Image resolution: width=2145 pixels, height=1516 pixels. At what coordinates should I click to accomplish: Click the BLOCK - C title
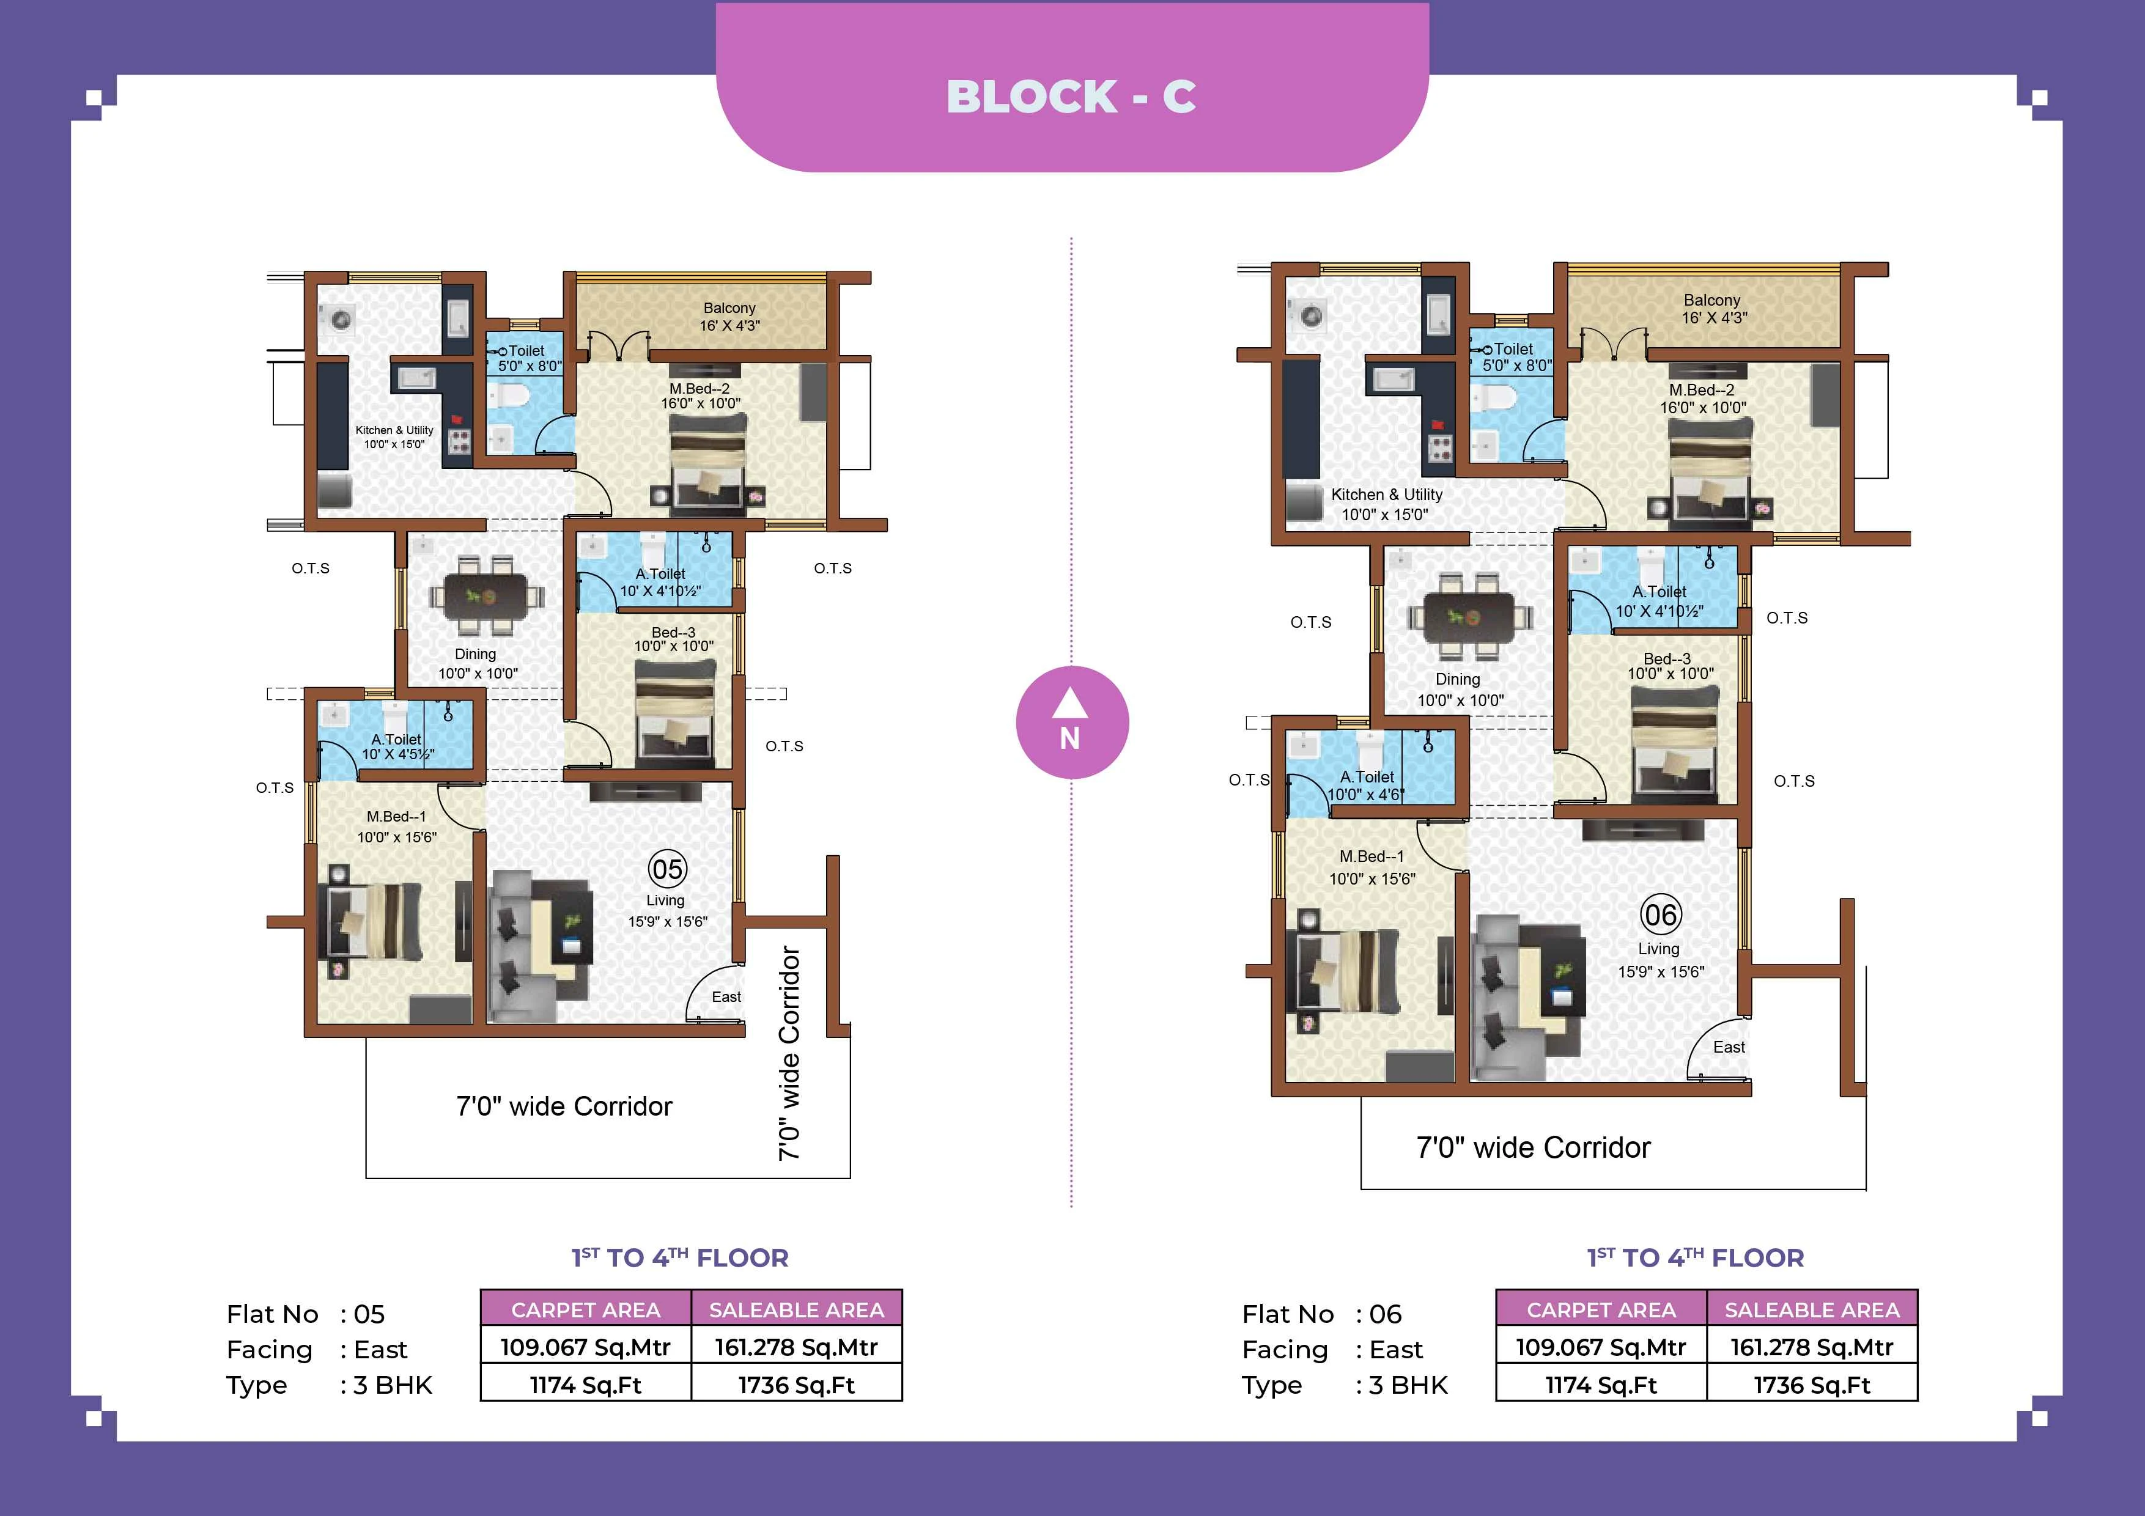(x=1071, y=96)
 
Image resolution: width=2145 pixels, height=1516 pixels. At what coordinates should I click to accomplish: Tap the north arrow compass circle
(x=1071, y=722)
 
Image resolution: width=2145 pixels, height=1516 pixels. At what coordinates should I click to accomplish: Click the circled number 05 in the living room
(x=667, y=870)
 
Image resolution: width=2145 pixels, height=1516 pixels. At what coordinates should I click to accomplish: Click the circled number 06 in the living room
(x=1660, y=914)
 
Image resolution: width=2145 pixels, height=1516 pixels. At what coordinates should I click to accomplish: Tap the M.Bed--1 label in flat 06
(x=1372, y=856)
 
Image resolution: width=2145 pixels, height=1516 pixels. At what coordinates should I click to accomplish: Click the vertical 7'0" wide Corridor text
(x=789, y=1053)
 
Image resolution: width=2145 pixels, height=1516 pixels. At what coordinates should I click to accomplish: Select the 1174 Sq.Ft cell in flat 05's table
(x=586, y=1385)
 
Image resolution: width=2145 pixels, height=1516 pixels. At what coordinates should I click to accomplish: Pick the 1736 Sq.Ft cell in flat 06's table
(x=1812, y=1385)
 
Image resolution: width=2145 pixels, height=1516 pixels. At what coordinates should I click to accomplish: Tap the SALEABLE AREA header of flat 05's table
(x=796, y=1309)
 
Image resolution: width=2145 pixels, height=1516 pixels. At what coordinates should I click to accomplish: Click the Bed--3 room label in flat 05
(x=674, y=639)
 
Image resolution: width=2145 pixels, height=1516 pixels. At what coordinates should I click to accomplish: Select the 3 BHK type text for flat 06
(x=1408, y=1385)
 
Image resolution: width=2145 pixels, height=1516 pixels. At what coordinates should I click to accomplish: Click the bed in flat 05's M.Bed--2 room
(x=708, y=464)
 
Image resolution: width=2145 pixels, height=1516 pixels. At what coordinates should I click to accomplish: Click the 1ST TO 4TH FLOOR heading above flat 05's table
(x=680, y=1257)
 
